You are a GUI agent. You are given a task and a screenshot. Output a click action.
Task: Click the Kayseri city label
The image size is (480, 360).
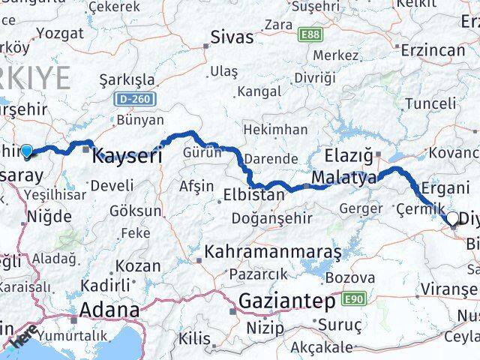[127, 157]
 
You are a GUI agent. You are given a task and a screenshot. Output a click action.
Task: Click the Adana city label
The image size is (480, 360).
[110, 310]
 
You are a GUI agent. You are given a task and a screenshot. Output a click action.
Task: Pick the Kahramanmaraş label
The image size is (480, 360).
[273, 252]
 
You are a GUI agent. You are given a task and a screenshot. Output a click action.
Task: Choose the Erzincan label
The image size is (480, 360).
[434, 50]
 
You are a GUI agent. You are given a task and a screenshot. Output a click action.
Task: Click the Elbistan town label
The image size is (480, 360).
[253, 195]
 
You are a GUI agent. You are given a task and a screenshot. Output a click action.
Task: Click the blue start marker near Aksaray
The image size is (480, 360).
[28, 152]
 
